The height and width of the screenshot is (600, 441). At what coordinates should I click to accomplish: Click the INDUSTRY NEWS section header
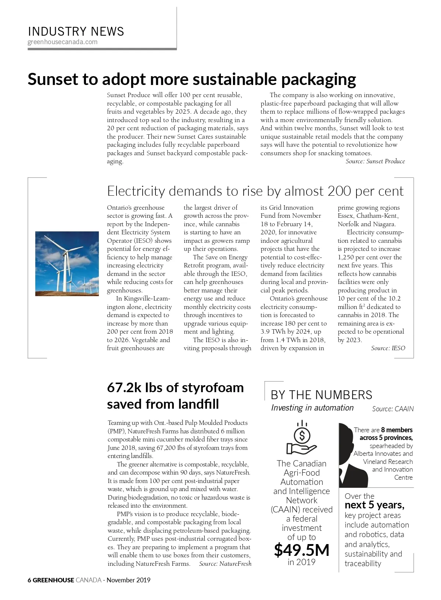pos(76,31)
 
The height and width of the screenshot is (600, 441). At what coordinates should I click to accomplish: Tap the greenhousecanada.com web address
pos(62,42)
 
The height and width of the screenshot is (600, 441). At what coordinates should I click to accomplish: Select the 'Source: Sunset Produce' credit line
pos(375,161)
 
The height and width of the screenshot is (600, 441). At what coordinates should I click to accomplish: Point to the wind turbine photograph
pos(67,263)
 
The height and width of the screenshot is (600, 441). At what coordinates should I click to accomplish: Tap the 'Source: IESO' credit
pos(388,348)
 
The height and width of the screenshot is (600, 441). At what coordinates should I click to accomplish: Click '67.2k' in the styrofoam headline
pos(124,388)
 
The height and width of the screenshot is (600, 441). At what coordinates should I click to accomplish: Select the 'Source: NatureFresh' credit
pos(225,564)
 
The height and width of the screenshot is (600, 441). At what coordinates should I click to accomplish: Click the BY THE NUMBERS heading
pos(321,395)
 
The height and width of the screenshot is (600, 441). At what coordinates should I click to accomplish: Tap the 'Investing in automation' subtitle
pos(312,408)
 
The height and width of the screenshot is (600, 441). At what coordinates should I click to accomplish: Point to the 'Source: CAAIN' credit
pos(392,409)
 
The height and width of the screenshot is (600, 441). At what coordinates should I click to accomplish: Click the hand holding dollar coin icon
pos(301,438)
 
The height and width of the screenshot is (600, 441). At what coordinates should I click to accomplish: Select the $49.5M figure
pos(301,550)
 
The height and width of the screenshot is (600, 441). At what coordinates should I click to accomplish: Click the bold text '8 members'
pos(397,430)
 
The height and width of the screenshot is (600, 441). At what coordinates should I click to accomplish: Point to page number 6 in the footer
pos(29,580)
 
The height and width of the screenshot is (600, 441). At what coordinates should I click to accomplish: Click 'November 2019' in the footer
pos(129,580)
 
